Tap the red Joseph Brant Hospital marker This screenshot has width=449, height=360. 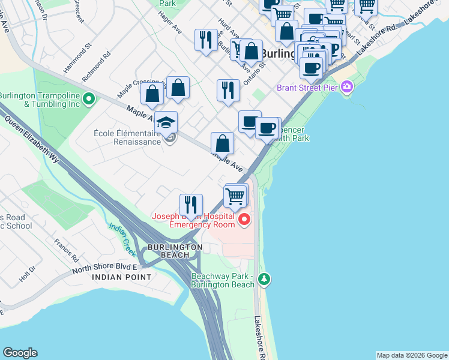[x=244, y=220]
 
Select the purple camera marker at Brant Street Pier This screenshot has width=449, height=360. [x=347, y=88]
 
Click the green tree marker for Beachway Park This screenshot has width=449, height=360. [x=264, y=279]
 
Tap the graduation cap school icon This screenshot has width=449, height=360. [x=166, y=123]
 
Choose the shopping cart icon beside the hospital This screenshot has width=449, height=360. [x=235, y=196]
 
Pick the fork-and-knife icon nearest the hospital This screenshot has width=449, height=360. [x=191, y=204]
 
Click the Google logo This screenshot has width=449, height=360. [x=20, y=353]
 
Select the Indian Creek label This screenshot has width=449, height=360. [x=124, y=235]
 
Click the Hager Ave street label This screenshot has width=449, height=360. [x=170, y=24]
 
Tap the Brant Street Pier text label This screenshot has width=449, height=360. [x=306, y=88]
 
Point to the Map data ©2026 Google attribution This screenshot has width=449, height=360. [x=412, y=355]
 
